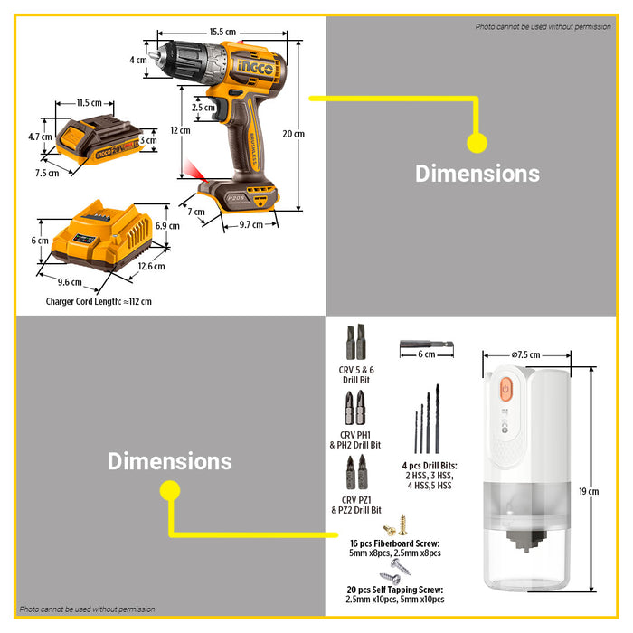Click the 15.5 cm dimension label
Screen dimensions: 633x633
click(x=222, y=32)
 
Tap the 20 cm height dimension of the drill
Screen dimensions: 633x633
click(x=293, y=134)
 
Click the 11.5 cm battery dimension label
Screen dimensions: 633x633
click(x=89, y=103)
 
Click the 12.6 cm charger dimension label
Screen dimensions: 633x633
click(x=151, y=266)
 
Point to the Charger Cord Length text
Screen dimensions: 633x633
click(x=99, y=301)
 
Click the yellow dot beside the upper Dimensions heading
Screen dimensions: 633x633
click(x=477, y=142)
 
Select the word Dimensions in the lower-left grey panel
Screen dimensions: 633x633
click(x=170, y=461)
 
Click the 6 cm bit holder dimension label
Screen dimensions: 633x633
click(x=426, y=355)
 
